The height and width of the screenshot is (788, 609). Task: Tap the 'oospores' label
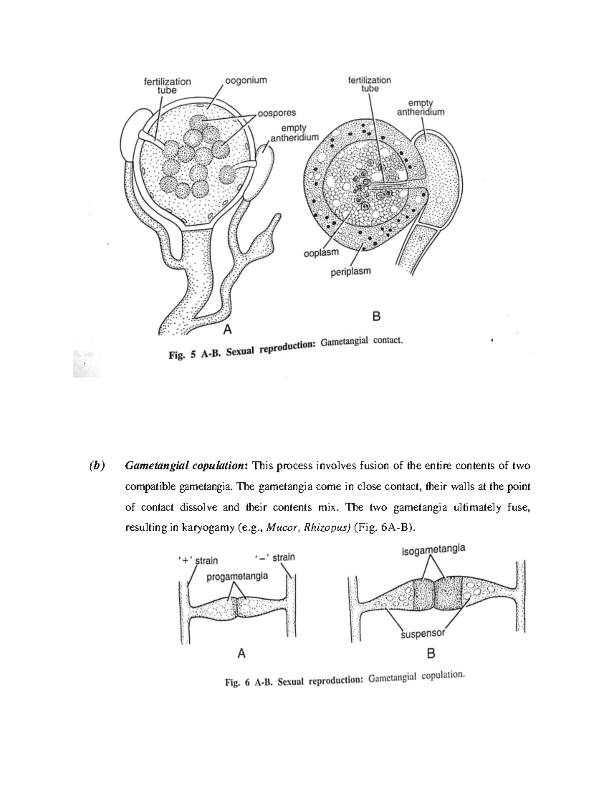[277, 113]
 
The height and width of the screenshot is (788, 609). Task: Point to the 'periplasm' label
[351, 271]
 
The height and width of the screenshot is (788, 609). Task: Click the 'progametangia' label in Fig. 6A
[238, 576]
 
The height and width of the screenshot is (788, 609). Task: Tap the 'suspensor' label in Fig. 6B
[423, 633]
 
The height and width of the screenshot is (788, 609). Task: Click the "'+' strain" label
[198, 560]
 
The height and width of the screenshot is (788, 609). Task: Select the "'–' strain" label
[275, 558]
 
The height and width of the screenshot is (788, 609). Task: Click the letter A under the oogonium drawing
[228, 330]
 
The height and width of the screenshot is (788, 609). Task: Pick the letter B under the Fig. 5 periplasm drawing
[376, 317]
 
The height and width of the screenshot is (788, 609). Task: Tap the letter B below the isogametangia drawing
[431, 654]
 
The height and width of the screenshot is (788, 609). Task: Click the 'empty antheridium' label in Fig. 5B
[420, 108]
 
